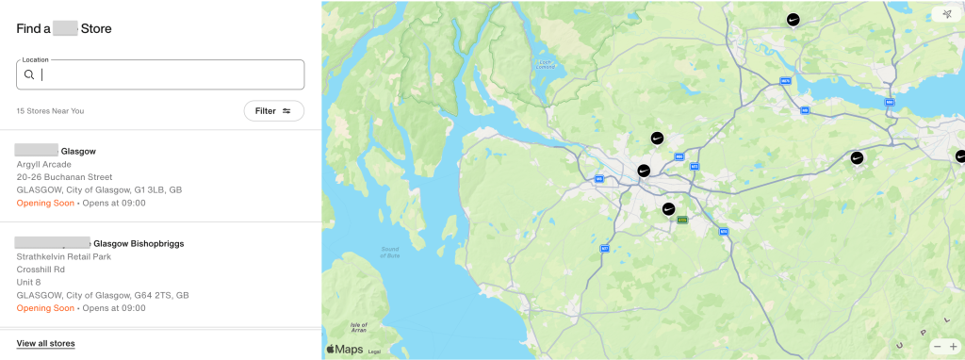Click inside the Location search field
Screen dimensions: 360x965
pos(170,75)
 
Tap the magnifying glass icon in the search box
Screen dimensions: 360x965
pos(30,75)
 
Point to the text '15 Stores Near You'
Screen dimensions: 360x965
pos(50,111)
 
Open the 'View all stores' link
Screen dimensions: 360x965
pos(45,344)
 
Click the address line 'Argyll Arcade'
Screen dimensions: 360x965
pos(44,164)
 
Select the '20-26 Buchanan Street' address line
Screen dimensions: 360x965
pos(64,177)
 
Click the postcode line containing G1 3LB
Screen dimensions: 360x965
pos(99,189)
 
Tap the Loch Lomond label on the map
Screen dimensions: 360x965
pos(545,64)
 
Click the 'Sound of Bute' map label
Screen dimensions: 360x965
pos(390,250)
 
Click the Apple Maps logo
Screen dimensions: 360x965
pos(344,350)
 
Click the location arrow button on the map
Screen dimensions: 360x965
pos(946,14)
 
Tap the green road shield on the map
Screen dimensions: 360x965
pos(682,220)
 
